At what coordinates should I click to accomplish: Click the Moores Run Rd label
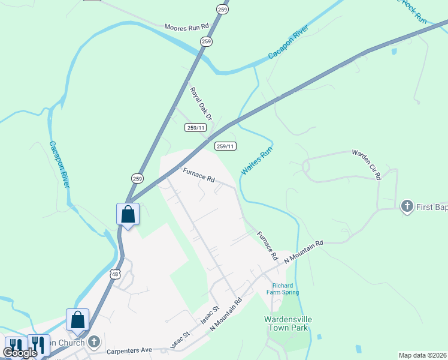pos(187,27)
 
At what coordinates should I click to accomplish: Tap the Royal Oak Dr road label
pos(201,102)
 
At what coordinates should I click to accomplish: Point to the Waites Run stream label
pos(257,161)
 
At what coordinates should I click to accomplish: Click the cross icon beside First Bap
pos(407,207)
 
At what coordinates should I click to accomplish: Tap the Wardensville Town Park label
pos(288,323)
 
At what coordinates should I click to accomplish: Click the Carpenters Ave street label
pos(130,350)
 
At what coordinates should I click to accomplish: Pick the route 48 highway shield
pos(115,274)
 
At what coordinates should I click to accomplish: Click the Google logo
pos(20,353)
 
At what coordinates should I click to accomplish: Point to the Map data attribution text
pos(423,355)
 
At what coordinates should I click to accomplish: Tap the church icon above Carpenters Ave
pos(93,342)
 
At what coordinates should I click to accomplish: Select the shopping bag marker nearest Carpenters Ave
pos(78,320)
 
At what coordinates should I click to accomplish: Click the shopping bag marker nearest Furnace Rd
pos(128,214)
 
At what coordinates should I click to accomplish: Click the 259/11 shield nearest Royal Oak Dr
pos(196,128)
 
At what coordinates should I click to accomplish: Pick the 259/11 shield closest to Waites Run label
pos(225,146)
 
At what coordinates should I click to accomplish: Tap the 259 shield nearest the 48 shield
pos(137,178)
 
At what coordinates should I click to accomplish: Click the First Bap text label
pos(432,207)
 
